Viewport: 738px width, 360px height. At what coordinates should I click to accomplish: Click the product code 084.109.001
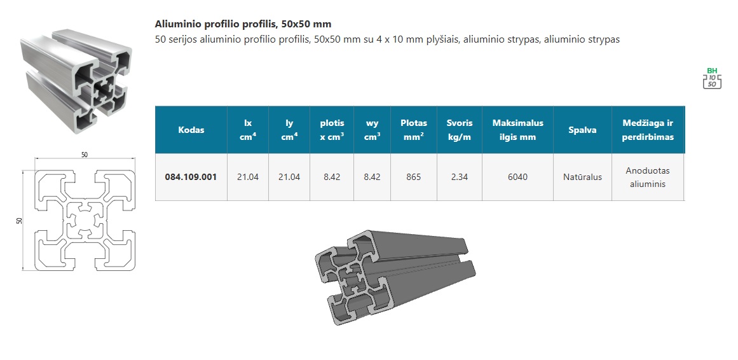191,177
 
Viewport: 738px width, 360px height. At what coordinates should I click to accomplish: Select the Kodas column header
191,130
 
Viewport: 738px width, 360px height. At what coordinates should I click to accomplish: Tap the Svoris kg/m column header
460,130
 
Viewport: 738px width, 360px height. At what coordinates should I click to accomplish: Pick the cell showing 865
414,177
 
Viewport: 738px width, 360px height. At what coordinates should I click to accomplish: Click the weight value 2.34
460,177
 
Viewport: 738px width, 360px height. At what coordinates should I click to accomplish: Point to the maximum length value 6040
517,177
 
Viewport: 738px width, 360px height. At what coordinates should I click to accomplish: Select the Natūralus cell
583,177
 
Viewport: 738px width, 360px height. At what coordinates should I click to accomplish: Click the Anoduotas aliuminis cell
648,177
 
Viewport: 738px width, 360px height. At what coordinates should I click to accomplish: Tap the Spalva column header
583,130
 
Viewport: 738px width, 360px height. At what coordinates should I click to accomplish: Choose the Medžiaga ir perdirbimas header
648,130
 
